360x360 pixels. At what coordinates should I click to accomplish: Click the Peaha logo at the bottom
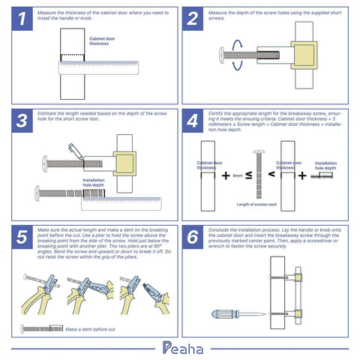point(180,346)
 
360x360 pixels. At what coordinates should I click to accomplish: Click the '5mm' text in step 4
point(238,175)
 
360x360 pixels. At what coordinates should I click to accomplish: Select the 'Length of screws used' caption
point(257,204)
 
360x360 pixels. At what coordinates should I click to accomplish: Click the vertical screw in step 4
point(259,172)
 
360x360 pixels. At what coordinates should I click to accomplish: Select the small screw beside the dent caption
point(42,328)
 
